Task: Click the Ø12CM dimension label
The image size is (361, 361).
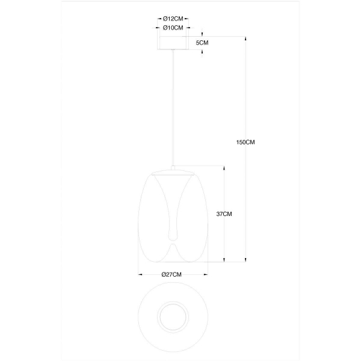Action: (x=173, y=19)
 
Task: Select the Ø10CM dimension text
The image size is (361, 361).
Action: (x=173, y=28)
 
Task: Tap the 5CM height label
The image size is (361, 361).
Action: (x=202, y=43)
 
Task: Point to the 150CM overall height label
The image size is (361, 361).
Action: (x=245, y=142)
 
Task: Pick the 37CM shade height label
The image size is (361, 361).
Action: (x=224, y=214)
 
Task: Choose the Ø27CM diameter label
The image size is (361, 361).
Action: (x=171, y=274)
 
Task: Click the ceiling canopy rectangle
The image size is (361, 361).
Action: (x=173, y=43)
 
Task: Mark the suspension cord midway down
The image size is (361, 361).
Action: (x=173, y=108)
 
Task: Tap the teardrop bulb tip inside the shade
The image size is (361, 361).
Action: (x=173, y=236)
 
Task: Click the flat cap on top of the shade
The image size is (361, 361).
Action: (x=173, y=172)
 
